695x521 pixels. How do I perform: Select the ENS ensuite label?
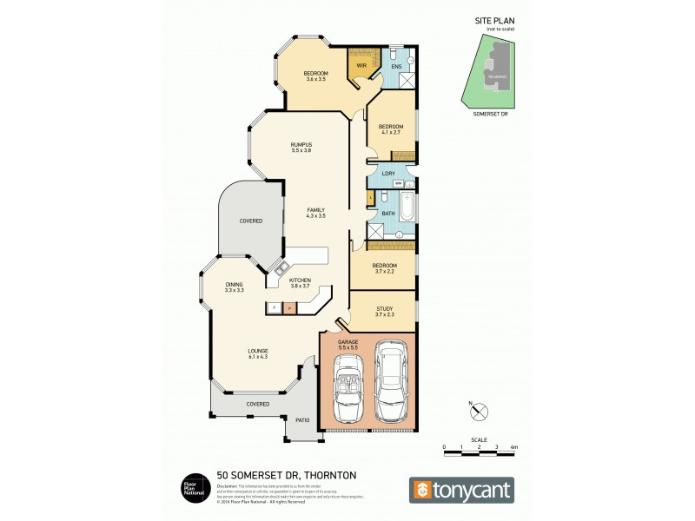396,65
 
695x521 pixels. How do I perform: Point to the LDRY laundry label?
388,174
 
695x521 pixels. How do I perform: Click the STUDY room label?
384,310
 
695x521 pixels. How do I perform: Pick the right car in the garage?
394,382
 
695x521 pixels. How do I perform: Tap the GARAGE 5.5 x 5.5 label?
347,346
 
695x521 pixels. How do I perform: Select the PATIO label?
302,420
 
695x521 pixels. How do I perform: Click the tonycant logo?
461,489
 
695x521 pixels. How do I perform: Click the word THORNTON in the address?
326,474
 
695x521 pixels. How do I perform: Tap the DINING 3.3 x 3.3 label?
234,287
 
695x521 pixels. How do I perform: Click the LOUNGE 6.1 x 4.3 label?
257,354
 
